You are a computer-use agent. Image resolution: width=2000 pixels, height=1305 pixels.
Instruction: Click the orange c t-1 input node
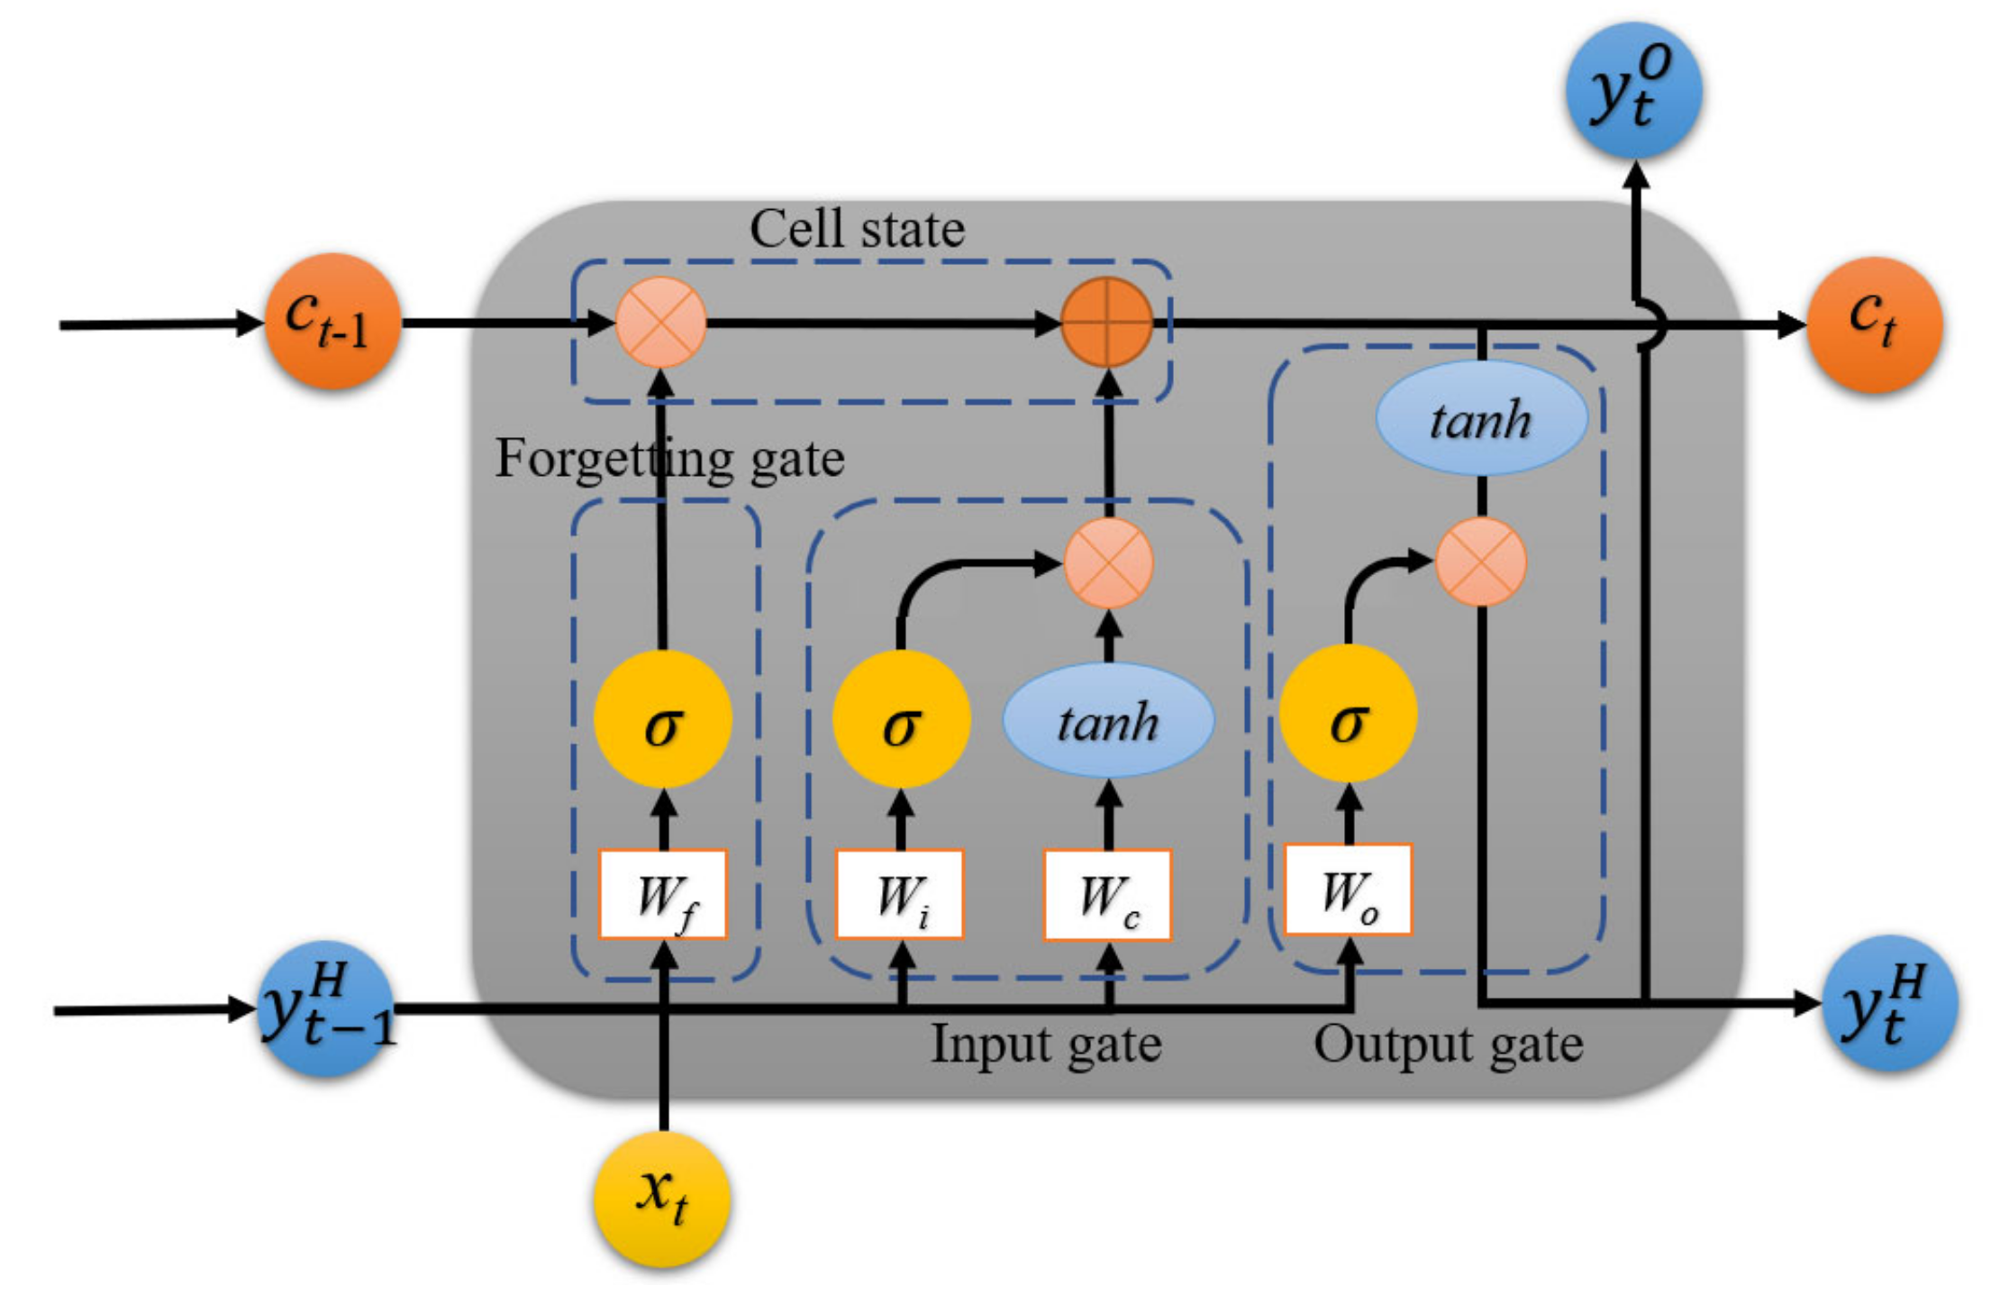point(332,321)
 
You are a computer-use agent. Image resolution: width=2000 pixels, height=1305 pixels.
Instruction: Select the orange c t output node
point(1874,324)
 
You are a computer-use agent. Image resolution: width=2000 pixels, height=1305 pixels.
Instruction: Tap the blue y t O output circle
point(1633,91)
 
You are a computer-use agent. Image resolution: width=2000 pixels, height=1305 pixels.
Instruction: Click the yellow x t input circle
point(662,1198)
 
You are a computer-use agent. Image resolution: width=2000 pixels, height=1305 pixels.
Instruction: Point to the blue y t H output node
point(1889,1002)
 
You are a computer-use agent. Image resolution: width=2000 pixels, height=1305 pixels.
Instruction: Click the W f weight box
point(663,895)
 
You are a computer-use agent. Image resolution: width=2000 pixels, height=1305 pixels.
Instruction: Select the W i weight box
point(900,895)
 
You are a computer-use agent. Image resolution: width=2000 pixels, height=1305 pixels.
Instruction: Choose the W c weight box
point(1107,895)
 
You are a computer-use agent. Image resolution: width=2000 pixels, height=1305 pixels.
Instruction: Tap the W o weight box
point(1348,890)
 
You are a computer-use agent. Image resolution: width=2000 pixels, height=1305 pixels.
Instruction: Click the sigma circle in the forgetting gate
point(662,719)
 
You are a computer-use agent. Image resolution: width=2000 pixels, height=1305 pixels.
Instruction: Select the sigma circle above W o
point(1348,714)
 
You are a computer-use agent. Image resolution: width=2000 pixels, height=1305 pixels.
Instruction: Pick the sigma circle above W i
point(901,719)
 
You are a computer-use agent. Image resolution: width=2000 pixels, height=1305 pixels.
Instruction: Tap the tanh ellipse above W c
point(1108,720)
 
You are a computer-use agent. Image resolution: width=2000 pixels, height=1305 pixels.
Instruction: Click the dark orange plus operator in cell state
point(1107,322)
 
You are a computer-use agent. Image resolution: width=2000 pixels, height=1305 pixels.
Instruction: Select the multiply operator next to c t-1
point(660,322)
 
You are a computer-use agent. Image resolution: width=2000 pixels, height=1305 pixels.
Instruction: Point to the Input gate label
point(1046,1045)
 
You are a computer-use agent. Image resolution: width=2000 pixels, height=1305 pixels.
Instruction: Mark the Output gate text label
point(1448,1045)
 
